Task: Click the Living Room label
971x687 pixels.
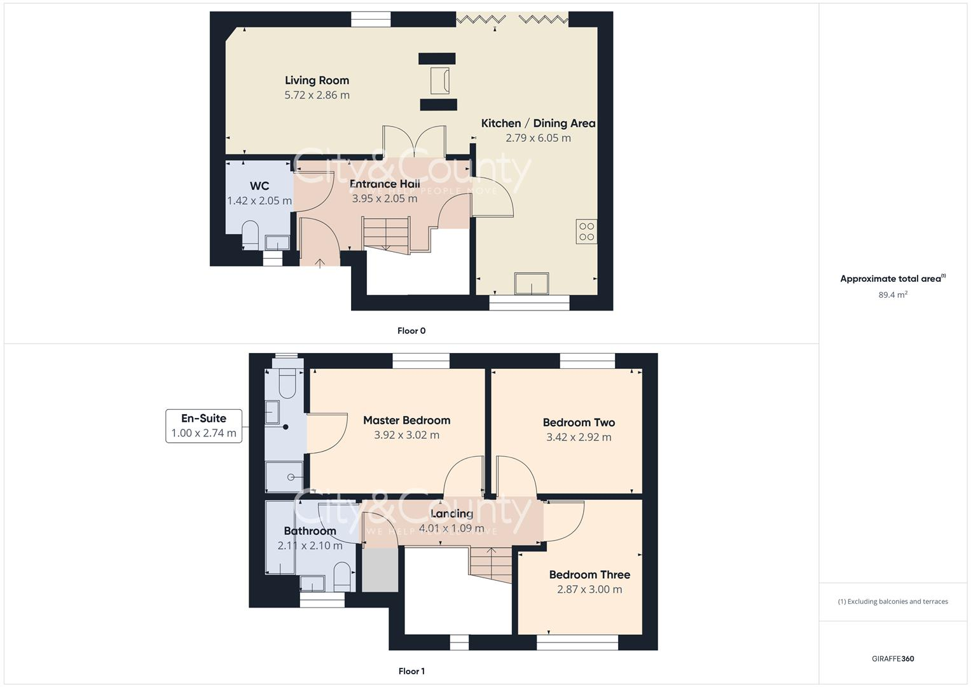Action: pos(317,80)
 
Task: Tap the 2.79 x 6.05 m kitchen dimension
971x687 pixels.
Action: pos(538,138)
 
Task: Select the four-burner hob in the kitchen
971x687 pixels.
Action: pos(586,232)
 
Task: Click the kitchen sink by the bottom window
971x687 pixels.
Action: pos(532,283)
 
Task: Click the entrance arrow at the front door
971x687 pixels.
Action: pos(319,261)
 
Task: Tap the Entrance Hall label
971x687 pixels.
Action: pos(385,184)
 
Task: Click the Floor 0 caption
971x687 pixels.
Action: pos(411,331)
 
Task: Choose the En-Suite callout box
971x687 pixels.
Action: pos(203,426)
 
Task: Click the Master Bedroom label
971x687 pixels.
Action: pos(406,420)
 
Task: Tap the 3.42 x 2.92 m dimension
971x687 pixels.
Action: pos(579,437)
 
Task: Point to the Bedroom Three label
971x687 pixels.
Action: pos(589,574)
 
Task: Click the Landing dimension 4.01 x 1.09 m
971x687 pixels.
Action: pos(451,528)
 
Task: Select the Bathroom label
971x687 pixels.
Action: pos(310,531)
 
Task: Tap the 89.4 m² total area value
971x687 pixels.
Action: pos(893,295)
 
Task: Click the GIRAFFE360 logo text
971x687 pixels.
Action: pos(893,658)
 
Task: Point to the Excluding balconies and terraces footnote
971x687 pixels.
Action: pos(893,601)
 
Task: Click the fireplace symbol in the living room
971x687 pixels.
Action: pos(438,81)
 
